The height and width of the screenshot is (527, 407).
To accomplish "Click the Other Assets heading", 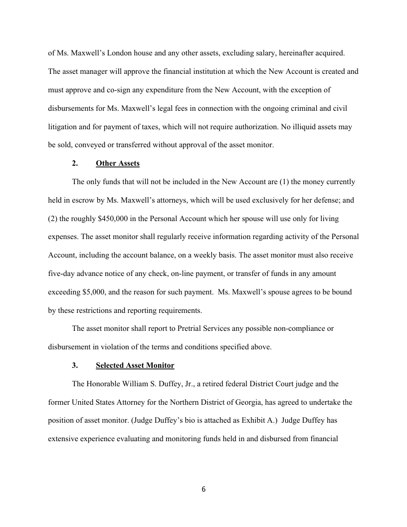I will click(x=118, y=163).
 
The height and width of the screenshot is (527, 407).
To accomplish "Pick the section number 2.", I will click(x=74, y=163).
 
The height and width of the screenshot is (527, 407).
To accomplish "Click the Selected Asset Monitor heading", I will click(x=135, y=365).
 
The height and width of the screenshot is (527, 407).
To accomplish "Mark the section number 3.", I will click(x=74, y=365).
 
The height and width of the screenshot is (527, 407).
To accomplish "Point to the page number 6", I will click(x=203, y=489).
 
